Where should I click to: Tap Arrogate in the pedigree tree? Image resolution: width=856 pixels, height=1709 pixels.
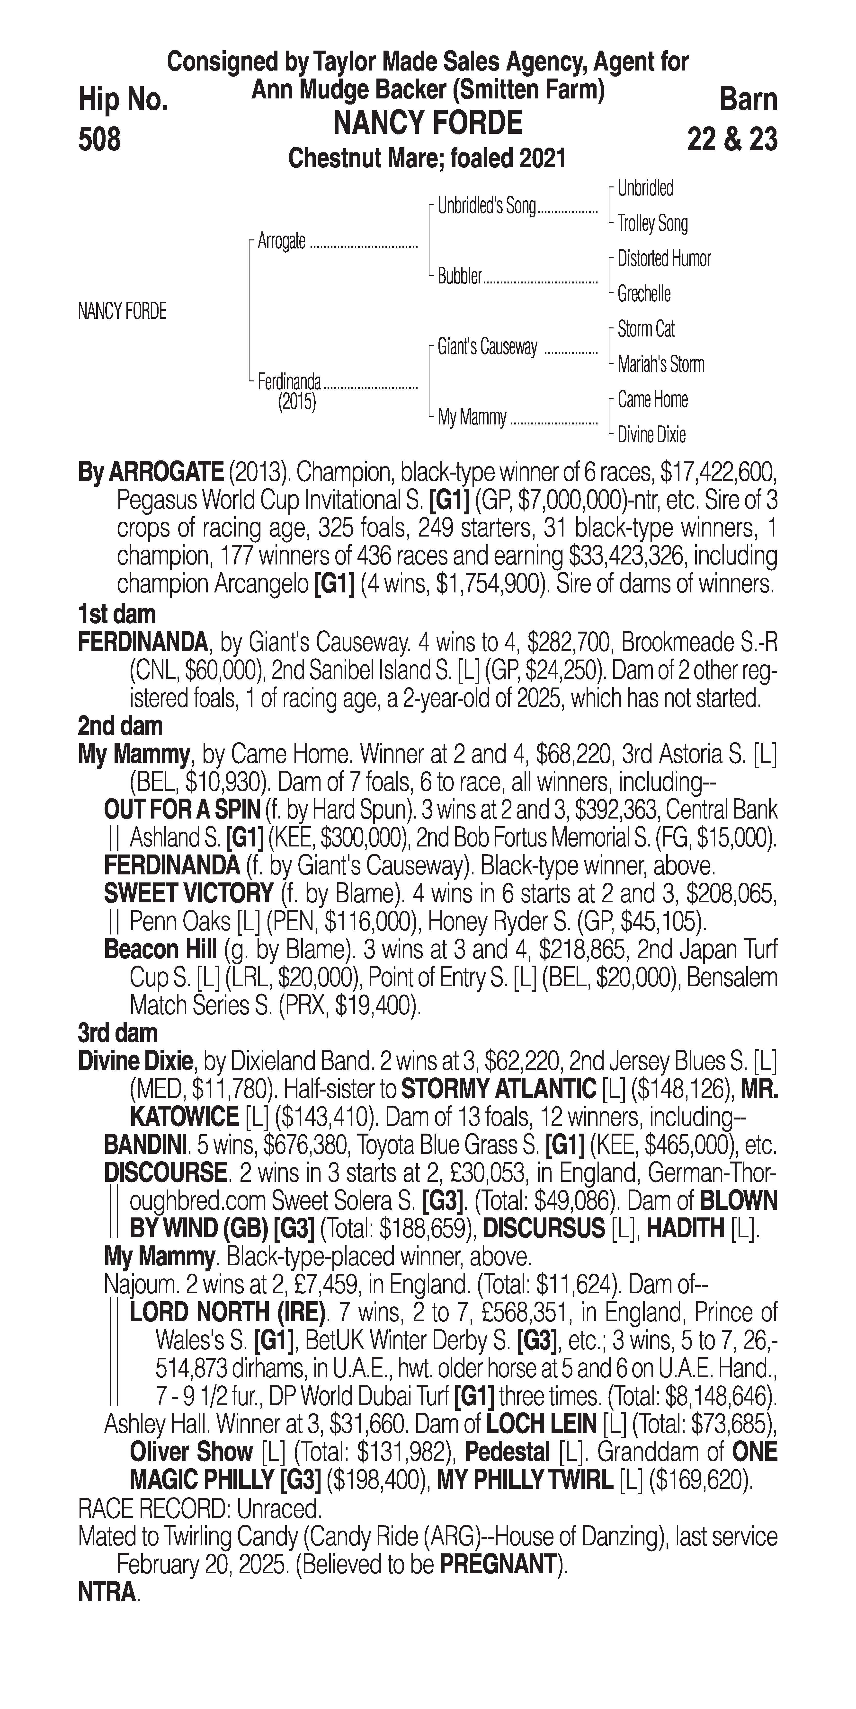[x=281, y=241]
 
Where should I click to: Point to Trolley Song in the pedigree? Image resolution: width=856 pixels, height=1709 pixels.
[x=652, y=224]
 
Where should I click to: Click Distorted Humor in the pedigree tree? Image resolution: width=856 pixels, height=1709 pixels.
[x=664, y=259]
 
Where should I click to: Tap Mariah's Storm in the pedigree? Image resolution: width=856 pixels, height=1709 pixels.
[x=660, y=364]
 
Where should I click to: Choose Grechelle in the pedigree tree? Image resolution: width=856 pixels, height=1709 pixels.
[x=644, y=294]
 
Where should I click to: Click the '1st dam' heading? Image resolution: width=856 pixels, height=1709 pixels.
[x=117, y=614]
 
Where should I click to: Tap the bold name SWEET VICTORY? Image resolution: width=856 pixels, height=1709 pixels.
[x=188, y=894]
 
